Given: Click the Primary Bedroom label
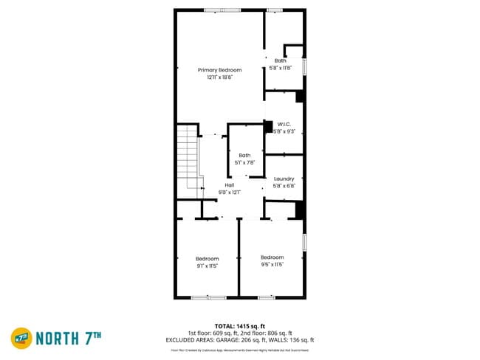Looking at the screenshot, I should (219, 69).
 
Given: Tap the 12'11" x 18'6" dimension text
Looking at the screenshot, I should (219, 77).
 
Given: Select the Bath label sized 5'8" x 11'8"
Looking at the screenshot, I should (281, 60).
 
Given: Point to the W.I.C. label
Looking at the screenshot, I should (284, 124).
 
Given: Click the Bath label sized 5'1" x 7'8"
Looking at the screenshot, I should (244, 155).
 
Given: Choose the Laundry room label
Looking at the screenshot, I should (284, 179).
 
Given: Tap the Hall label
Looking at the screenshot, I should (230, 185).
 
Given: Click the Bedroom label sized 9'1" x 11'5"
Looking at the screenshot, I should (208, 258).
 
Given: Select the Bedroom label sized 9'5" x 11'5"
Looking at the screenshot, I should (272, 257).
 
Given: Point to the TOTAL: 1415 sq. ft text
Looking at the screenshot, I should (240, 325).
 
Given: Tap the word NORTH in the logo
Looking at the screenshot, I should (62, 338).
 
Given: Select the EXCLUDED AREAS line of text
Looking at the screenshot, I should (240, 340).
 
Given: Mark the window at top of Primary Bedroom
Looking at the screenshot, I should (222, 10).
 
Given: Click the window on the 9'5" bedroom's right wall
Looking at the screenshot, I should (304, 242).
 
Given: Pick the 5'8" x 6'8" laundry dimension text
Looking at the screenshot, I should (284, 186).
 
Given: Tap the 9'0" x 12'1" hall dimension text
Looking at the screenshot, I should (230, 193).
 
